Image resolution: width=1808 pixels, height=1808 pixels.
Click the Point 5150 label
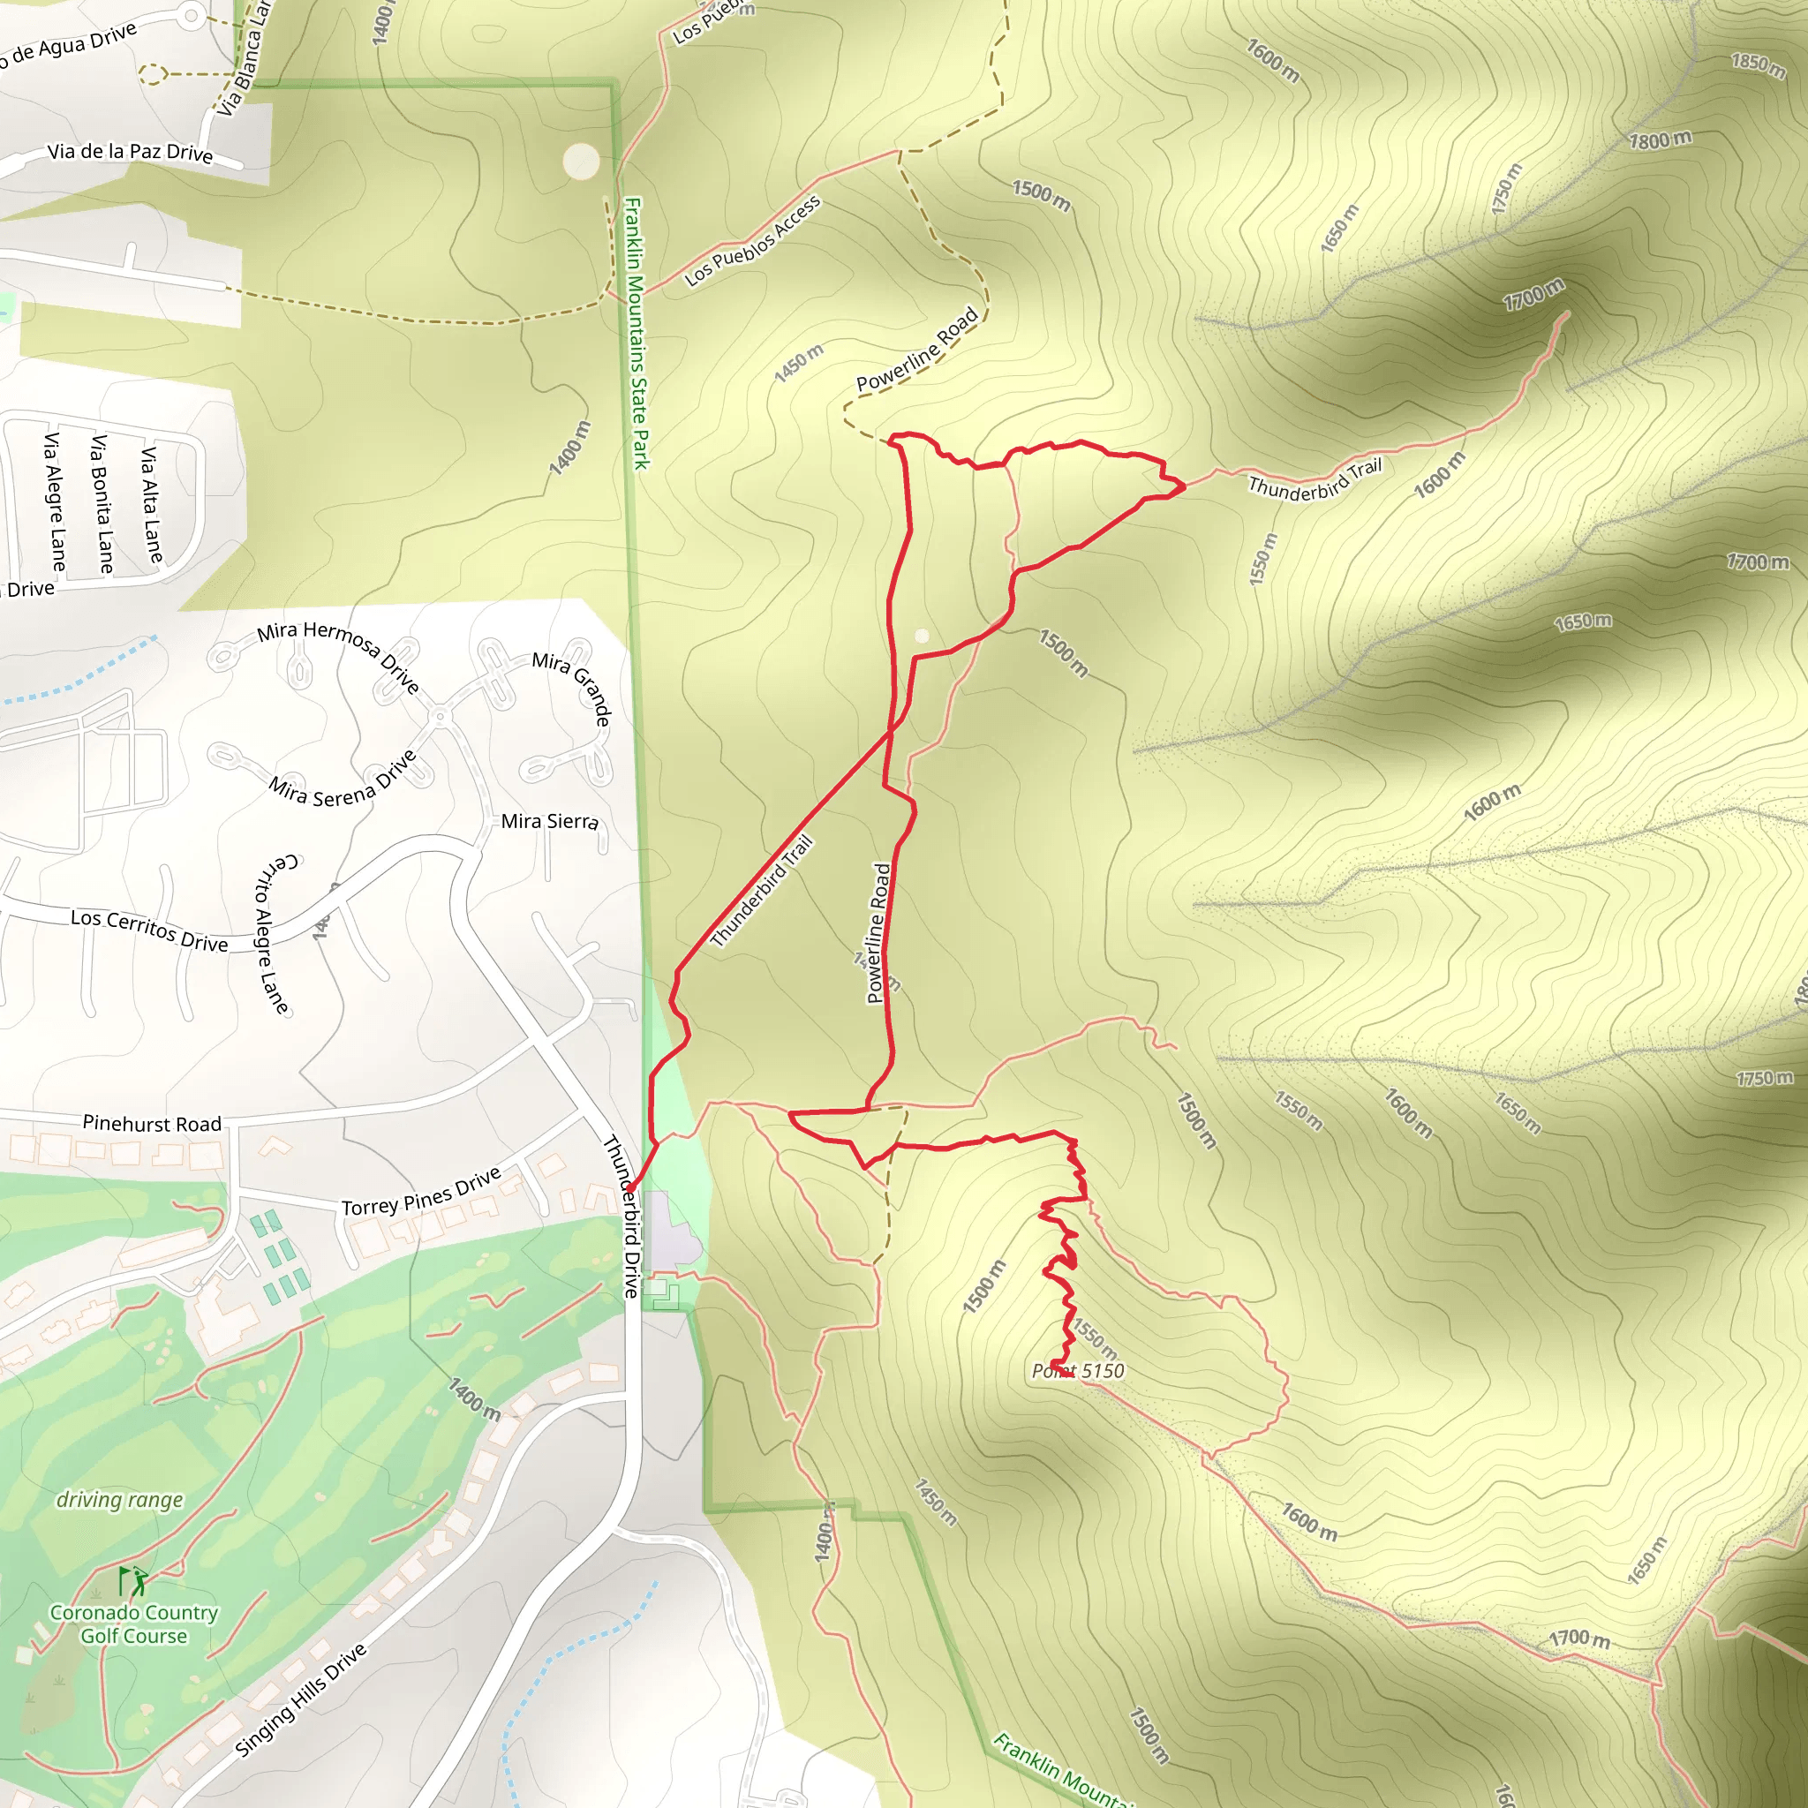pyautogui.click(x=1077, y=1371)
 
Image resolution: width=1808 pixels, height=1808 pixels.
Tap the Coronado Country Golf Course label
pyautogui.click(x=134, y=1623)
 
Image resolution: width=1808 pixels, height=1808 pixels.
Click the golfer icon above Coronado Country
pyautogui.click(x=135, y=1580)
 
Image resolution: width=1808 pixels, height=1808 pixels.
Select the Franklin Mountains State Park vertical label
pyautogui.click(x=637, y=332)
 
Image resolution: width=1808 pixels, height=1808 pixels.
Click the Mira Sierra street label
pyautogui.click(x=549, y=821)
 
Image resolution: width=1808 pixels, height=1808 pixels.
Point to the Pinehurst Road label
pyautogui.click(x=152, y=1123)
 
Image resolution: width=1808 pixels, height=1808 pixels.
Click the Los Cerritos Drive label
pyautogui.click(x=150, y=930)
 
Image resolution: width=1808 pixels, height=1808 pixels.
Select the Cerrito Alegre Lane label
pyautogui.click(x=271, y=933)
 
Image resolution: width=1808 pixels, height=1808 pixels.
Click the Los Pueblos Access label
pyautogui.click(x=752, y=240)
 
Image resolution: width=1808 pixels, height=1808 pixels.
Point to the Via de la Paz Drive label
pyautogui.click(x=130, y=152)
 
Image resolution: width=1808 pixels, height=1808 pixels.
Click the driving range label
pyautogui.click(x=120, y=1500)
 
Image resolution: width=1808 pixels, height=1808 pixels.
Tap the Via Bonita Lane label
pyautogui.click(x=101, y=503)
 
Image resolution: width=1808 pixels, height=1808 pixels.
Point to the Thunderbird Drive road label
pyautogui.click(x=620, y=1217)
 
